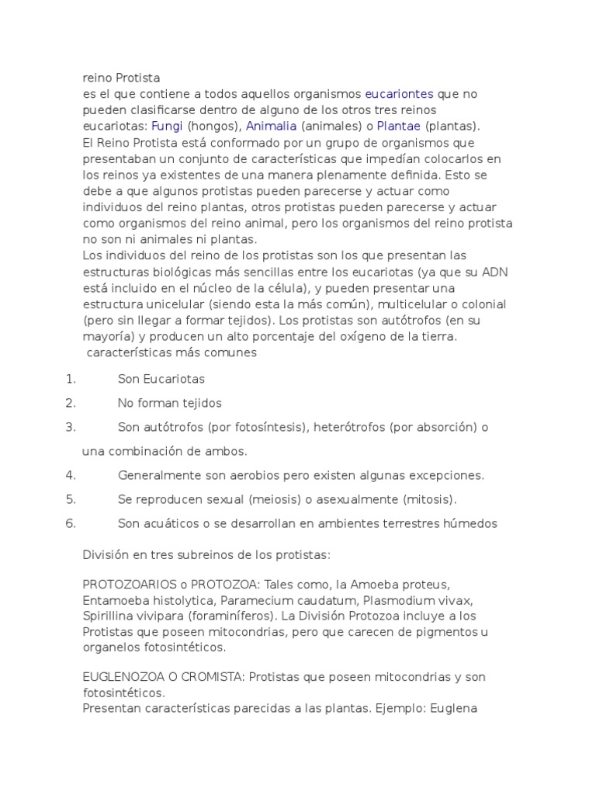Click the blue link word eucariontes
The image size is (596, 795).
[x=399, y=94]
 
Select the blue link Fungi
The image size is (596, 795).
[x=167, y=126]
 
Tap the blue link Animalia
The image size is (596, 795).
[x=272, y=126]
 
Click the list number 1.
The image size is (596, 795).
[x=71, y=379]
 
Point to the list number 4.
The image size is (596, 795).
[x=71, y=475]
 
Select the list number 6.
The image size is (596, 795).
[x=71, y=523]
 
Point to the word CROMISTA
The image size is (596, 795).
[x=212, y=677]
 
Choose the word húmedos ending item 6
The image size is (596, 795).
[x=470, y=523]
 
